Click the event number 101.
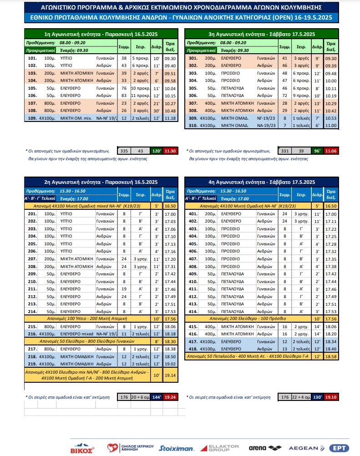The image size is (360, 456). click(x=32, y=59)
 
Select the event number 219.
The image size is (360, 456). click(x=32, y=364)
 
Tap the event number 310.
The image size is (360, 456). click(x=193, y=125)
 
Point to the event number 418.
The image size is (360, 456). click(x=193, y=349)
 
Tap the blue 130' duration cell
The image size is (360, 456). click(x=317, y=397)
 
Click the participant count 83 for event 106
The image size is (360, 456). click(x=124, y=96)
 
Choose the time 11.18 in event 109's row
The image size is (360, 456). click(x=170, y=118)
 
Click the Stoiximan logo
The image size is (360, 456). click(x=177, y=448)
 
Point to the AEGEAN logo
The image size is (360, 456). click(x=304, y=448)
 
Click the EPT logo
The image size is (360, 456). click(x=338, y=448)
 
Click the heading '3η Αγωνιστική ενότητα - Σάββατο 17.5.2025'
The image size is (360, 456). click(x=261, y=34)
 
